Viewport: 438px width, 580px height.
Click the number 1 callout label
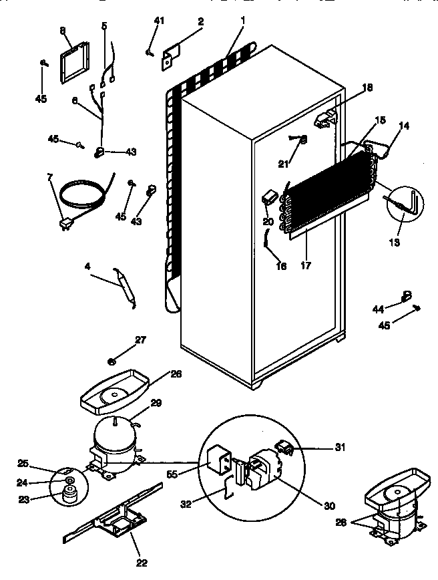pos(242,21)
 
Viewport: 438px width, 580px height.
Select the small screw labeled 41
pos(148,51)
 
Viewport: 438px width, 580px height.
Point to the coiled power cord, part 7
pos(80,197)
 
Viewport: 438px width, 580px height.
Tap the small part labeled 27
pos(113,361)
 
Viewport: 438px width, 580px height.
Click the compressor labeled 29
pos(116,441)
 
